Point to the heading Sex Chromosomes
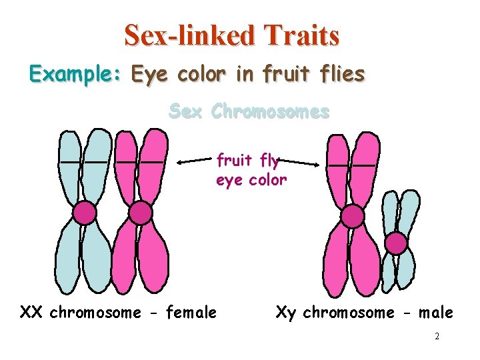249,111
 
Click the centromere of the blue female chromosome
85,213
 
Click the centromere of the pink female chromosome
140,213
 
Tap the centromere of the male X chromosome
352,216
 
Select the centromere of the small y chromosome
397,243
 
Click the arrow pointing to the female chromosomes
195,161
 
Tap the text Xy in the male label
286,312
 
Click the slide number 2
437,337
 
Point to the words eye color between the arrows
251,180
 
